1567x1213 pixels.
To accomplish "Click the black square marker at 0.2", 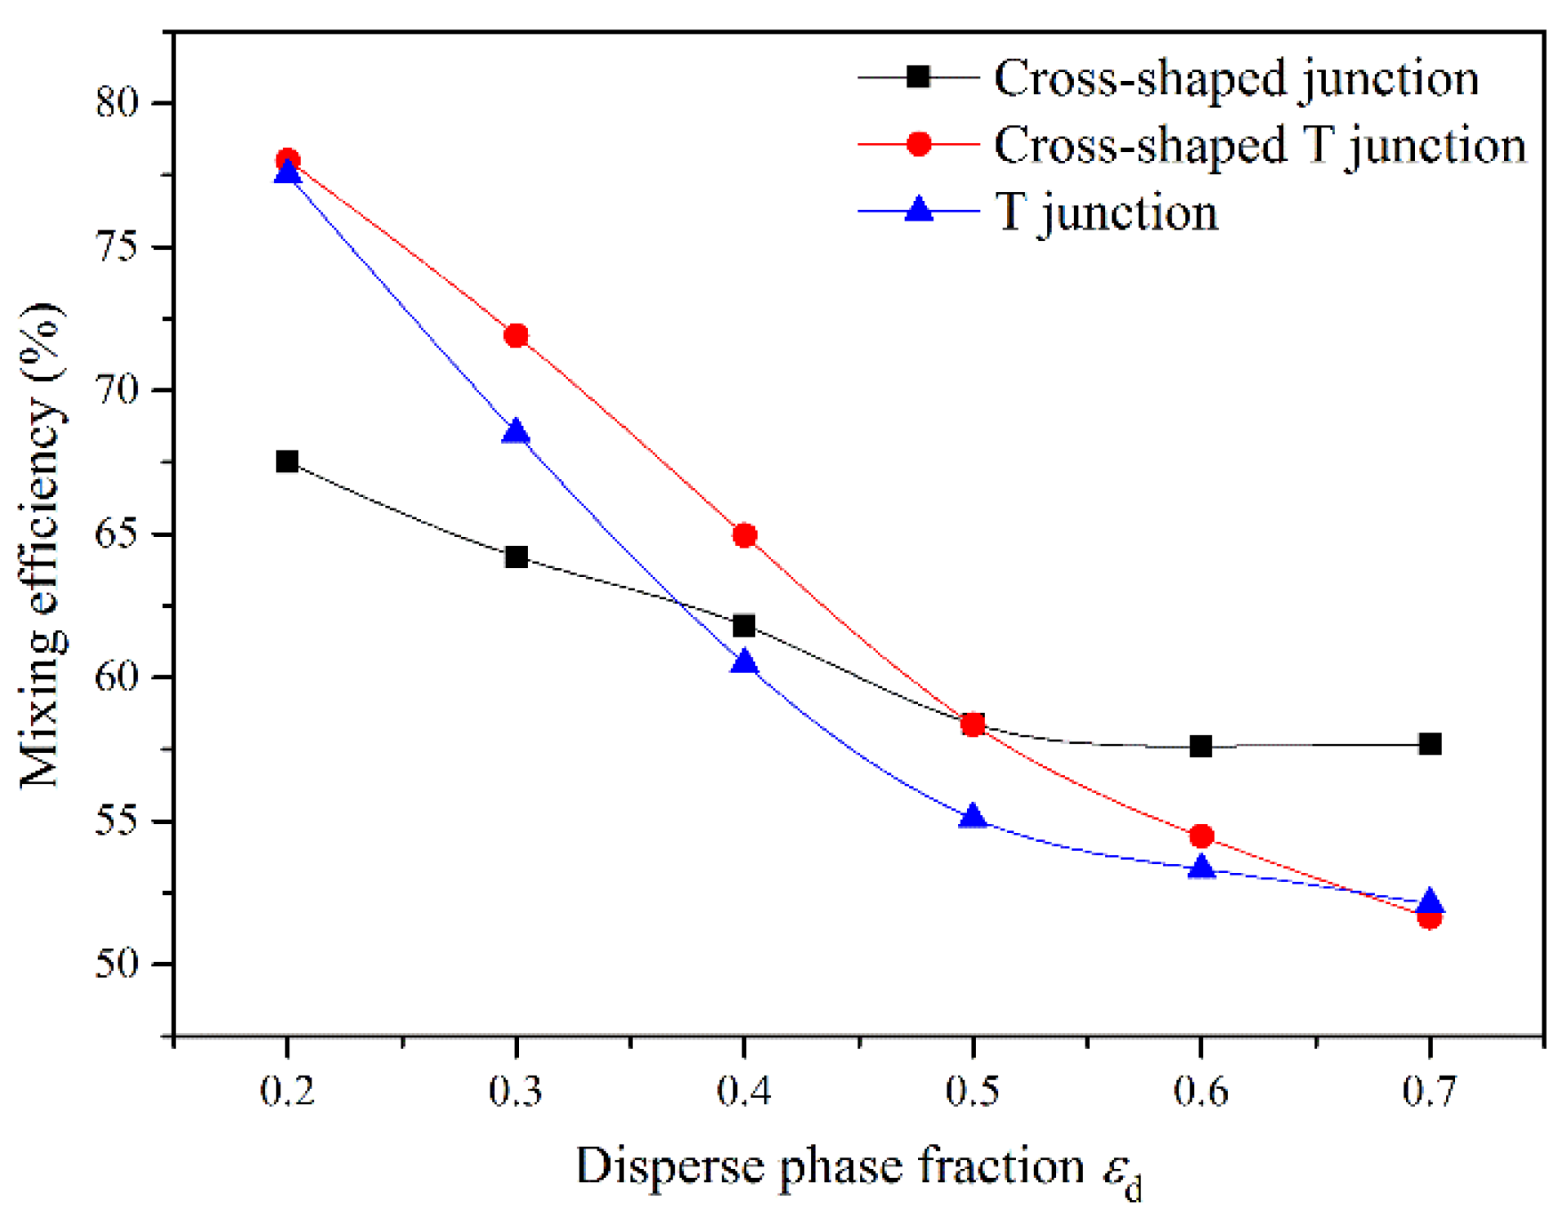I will click(287, 462).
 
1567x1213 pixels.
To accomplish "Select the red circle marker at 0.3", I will click(516, 336).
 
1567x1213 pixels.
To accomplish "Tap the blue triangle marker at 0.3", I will click(516, 432).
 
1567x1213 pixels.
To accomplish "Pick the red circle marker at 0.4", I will click(745, 536).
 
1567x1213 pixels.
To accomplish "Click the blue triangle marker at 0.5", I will click(973, 817).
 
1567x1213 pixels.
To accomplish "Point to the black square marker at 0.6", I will click(1201, 746).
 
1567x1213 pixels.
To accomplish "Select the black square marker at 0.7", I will click(1430, 745).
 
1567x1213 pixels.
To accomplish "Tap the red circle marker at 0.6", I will click(1201, 837).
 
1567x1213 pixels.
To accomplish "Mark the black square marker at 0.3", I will click(516, 558).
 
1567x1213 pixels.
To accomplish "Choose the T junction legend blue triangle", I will click(919, 210).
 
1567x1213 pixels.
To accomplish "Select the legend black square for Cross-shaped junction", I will click(919, 77).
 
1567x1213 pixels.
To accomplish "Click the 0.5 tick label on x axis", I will click(973, 1091).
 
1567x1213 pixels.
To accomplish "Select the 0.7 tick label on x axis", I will click(1430, 1091).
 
